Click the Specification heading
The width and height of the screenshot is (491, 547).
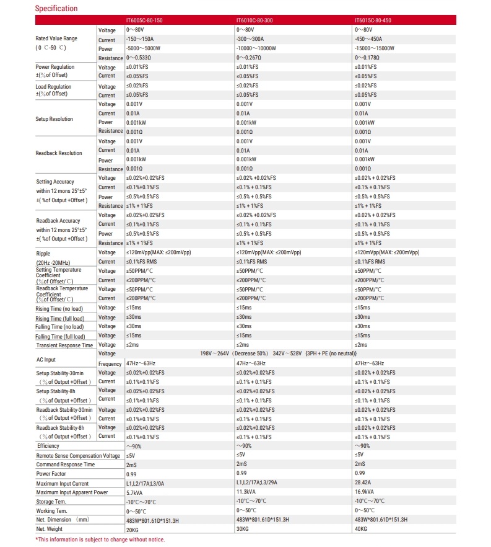(56, 9)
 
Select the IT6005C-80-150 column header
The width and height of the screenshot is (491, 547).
(145, 20)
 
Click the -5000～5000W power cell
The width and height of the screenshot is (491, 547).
(143, 48)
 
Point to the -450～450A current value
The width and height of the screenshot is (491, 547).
(368, 39)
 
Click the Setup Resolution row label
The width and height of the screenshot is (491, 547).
(54, 119)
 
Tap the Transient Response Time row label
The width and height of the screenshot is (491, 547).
(64, 345)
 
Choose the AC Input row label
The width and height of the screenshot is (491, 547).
(46, 359)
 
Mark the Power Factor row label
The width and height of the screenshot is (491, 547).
(51, 474)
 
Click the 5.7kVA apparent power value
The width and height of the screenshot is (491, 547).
(135, 492)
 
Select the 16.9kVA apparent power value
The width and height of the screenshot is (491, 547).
(365, 492)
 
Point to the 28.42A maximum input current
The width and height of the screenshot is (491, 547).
(363, 483)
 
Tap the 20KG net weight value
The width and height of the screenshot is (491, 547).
(133, 529)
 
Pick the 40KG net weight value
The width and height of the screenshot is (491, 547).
(362, 529)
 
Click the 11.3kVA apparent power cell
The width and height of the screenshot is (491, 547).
(246, 492)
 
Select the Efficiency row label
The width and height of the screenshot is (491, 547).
(48, 446)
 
